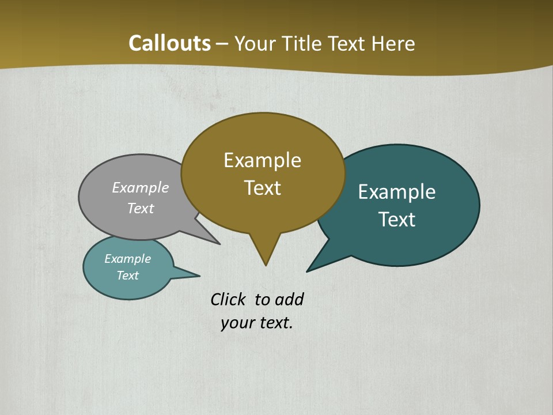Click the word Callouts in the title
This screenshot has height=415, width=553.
pyautogui.click(x=169, y=43)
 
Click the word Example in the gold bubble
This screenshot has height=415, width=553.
pyautogui.click(x=262, y=160)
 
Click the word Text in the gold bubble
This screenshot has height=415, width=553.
pyautogui.click(x=262, y=188)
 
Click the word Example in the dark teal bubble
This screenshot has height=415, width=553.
pyautogui.click(x=396, y=192)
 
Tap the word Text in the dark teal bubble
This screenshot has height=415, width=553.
pyautogui.click(x=396, y=220)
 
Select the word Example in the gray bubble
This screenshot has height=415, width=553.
pyautogui.click(x=140, y=188)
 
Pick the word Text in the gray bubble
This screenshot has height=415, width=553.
pyautogui.click(x=140, y=209)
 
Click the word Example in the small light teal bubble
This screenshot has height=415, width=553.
pyautogui.click(x=127, y=259)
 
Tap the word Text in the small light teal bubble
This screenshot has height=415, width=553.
pyautogui.click(x=127, y=276)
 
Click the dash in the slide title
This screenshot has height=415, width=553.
pyautogui.click(x=222, y=44)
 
